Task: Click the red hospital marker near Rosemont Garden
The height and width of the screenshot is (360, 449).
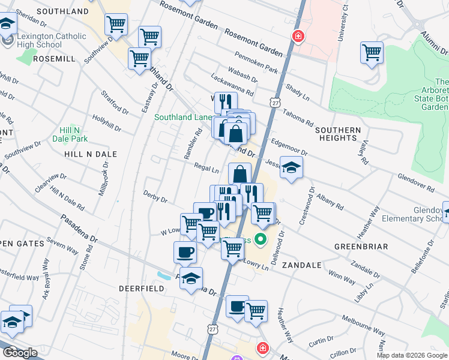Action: click(297, 37)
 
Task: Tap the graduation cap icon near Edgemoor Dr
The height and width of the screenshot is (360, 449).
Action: click(291, 167)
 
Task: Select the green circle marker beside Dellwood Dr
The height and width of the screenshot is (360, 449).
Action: click(260, 241)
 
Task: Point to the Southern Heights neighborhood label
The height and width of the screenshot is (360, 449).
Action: click(337, 134)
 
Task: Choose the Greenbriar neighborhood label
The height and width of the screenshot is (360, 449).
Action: click(361, 247)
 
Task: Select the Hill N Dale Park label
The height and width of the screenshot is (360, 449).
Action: click(73, 134)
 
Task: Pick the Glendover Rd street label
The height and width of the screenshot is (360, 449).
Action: click(415, 183)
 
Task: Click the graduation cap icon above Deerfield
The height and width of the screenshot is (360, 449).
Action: click(191, 279)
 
